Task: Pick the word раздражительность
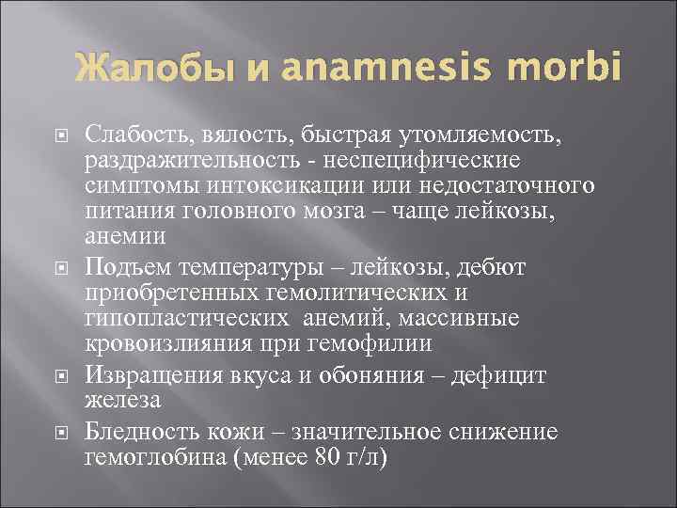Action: point(204,161)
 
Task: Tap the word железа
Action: point(123,400)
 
